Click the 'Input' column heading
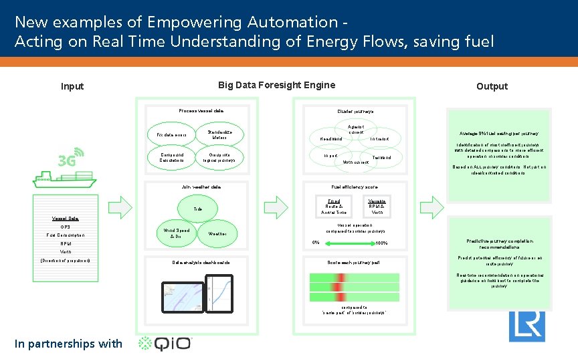72,86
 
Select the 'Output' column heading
492,86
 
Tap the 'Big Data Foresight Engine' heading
276,85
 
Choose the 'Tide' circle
198,209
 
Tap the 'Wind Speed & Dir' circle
177,233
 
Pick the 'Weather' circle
222,233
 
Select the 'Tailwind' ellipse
382,158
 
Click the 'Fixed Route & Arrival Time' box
334,207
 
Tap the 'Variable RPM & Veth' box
377,207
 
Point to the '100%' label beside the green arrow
382,243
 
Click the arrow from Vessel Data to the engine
120,207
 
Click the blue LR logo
526,326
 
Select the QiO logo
165,344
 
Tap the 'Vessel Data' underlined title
65,219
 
